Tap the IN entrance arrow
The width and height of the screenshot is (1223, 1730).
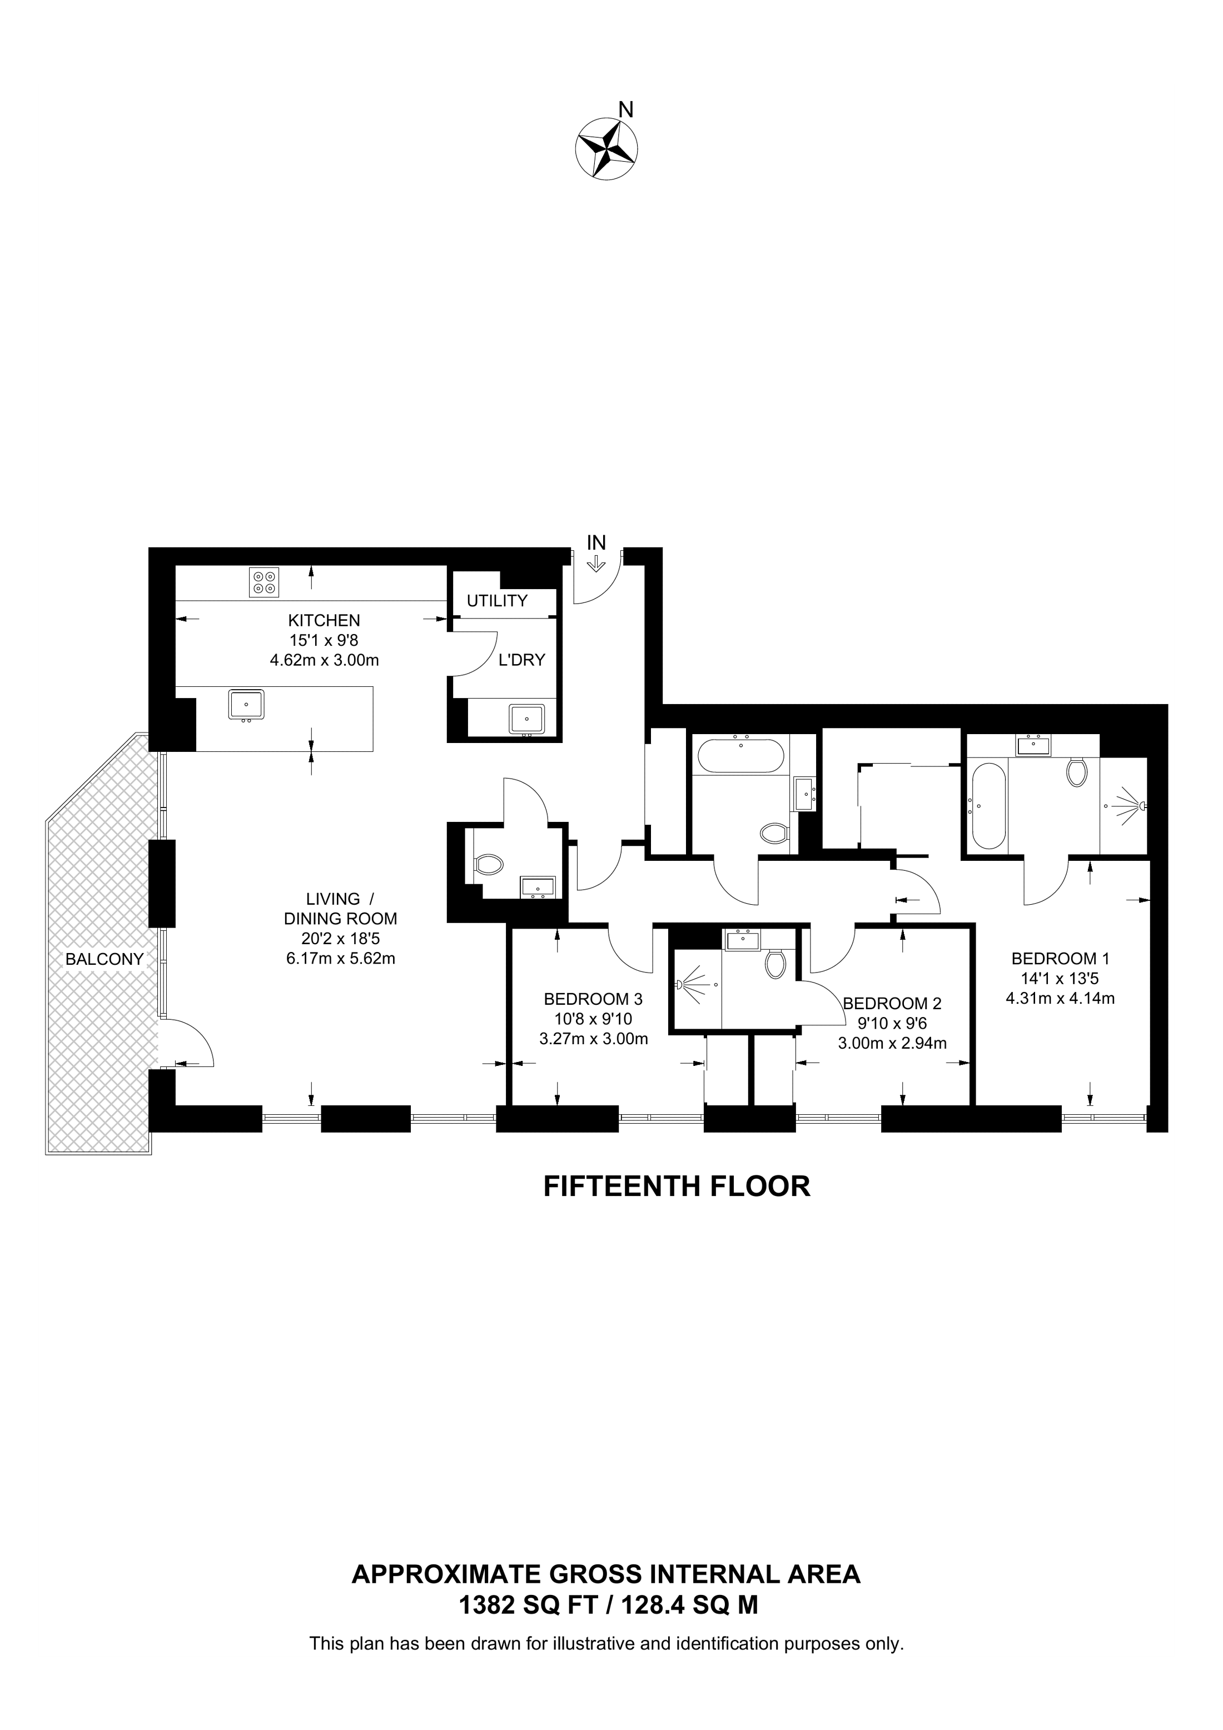point(595,563)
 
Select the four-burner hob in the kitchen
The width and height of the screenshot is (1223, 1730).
point(264,582)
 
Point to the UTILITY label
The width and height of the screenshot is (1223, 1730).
point(498,601)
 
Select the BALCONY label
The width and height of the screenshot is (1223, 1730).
point(104,959)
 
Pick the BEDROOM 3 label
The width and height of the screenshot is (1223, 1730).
point(593,999)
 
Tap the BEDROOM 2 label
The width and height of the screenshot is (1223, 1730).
point(892,1004)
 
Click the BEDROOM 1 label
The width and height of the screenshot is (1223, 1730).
point(1060,959)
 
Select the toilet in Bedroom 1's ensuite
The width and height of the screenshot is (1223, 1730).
point(1076,771)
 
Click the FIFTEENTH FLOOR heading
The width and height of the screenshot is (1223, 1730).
point(677,1186)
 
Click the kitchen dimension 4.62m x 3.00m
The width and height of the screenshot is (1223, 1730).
point(324,661)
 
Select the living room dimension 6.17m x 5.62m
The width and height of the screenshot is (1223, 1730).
point(341,959)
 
